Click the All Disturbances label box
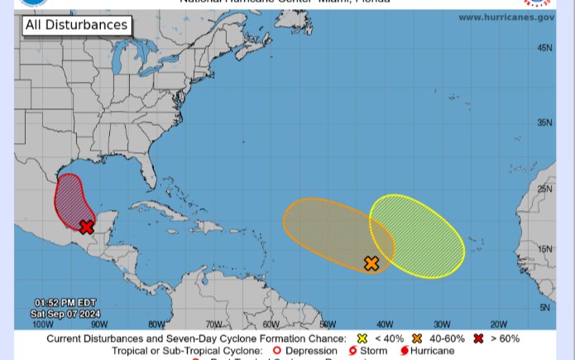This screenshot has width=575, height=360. coord(76,25)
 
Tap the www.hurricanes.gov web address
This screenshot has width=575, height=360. coord(506,17)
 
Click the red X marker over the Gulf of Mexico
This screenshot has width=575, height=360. coord(87,227)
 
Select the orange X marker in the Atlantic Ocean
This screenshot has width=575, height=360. coord(371,263)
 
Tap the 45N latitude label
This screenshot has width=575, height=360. coord(544,48)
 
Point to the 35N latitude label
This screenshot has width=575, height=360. coord(544,122)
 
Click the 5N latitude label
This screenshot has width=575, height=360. coord(544,308)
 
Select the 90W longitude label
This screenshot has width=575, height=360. coord(99,324)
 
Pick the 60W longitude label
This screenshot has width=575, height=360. coord(271,324)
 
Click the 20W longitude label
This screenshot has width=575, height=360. coord(498,324)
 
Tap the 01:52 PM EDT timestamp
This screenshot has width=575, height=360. coord(65,302)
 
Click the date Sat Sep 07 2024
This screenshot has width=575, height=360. coord(65,314)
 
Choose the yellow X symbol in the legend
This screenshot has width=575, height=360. coord(362,338)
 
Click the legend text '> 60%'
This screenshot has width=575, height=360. coord(505,338)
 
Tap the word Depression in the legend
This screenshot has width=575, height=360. coord(311,351)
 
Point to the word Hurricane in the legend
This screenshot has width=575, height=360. coord(432,351)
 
